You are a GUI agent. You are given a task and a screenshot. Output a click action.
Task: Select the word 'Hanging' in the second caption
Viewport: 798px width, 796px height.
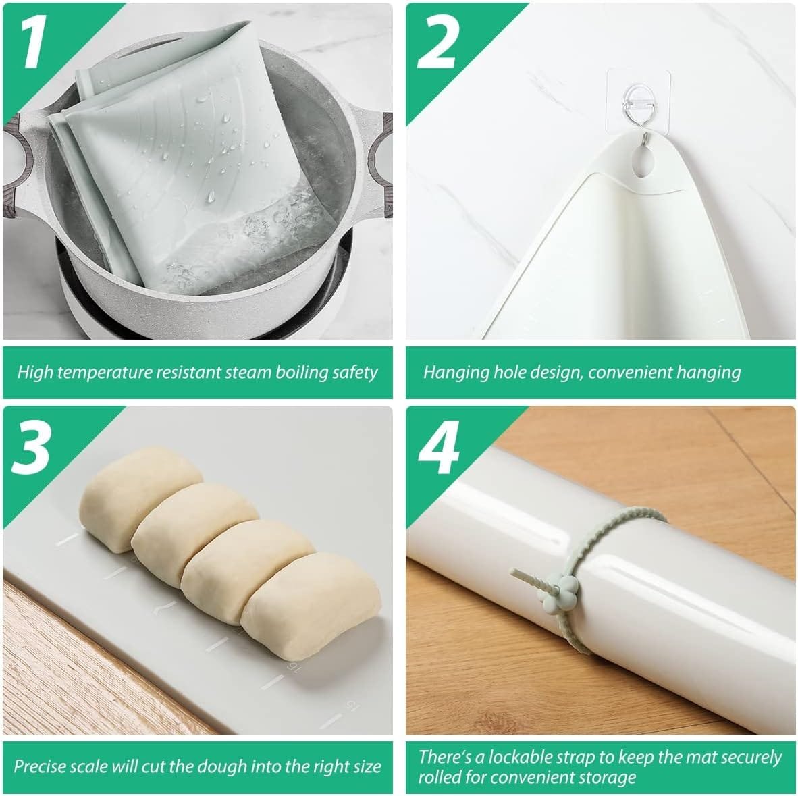(x=456, y=372)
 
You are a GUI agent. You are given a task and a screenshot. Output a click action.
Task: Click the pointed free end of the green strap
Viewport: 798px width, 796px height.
(x=514, y=572)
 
